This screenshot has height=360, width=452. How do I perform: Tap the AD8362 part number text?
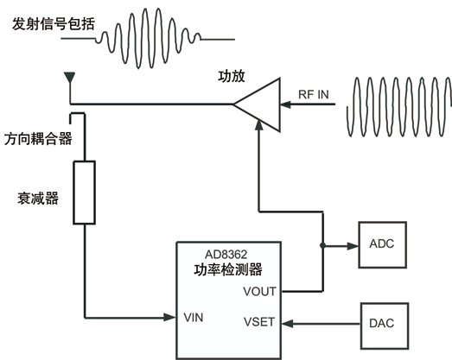(x=226, y=255)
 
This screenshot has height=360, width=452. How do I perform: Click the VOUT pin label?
(x=260, y=292)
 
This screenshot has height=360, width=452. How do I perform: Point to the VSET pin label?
(x=259, y=322)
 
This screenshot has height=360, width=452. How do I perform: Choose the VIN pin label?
(x=194, y=318)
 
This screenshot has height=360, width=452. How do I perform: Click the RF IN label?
(x=314, y=94)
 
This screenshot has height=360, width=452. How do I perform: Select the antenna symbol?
(x=70, y=78)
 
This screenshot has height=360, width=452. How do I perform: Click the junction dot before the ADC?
(x=322, y=245)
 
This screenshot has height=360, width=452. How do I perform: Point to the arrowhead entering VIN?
(x=169, y=318)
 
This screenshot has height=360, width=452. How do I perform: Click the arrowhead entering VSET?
(x=288, y=324)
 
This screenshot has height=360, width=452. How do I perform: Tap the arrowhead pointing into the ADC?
(x=353, y=246)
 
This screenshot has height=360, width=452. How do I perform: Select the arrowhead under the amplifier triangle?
(x=259, y=125)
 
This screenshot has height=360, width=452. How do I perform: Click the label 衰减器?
(x=38, y=199)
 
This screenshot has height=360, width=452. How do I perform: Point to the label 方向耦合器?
(x=38, y=139)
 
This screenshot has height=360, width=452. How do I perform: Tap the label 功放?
(x=232, y=76)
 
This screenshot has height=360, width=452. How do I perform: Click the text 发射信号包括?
(x=54, y=24)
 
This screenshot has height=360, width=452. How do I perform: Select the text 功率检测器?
(x=228, y=270)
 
